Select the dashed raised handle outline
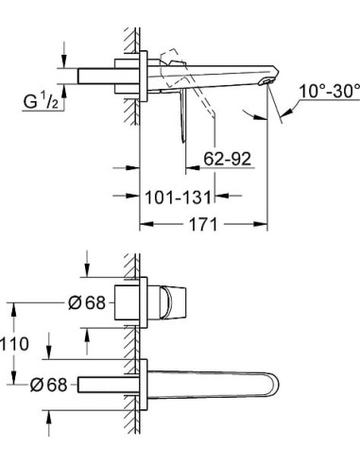[x=171, y=59]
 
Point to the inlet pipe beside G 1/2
[x=94, y=76]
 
